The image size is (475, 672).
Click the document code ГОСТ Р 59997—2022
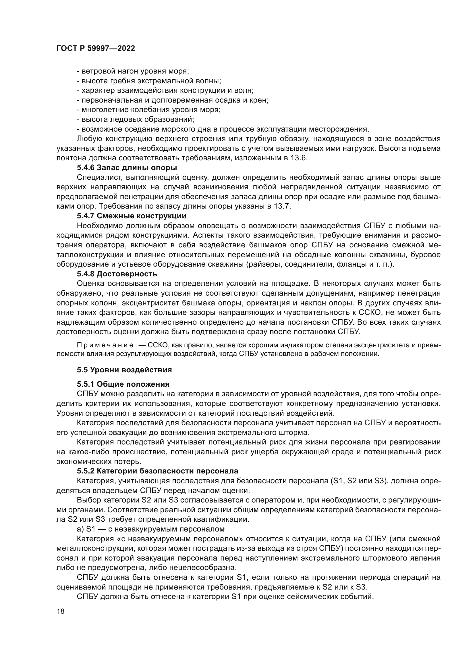(96, 49)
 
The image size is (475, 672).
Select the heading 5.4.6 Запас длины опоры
(127, 168)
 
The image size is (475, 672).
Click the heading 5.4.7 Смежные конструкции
(132, 216)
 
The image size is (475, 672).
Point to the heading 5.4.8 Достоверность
(117, 274)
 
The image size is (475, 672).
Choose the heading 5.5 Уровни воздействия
(124, 370)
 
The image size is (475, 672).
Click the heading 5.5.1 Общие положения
(123, 384)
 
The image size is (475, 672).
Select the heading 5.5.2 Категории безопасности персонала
(157, 471)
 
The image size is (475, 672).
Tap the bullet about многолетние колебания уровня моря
(148, 110)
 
